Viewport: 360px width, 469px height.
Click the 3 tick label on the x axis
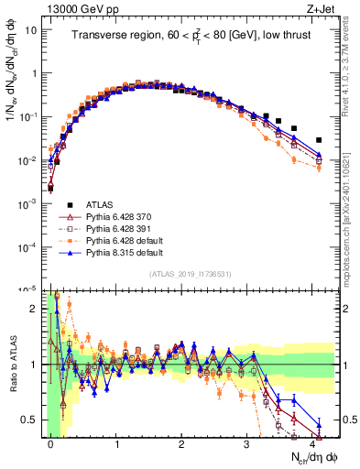coord(246,444)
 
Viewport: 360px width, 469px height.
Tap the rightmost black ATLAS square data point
coord(319,140)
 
